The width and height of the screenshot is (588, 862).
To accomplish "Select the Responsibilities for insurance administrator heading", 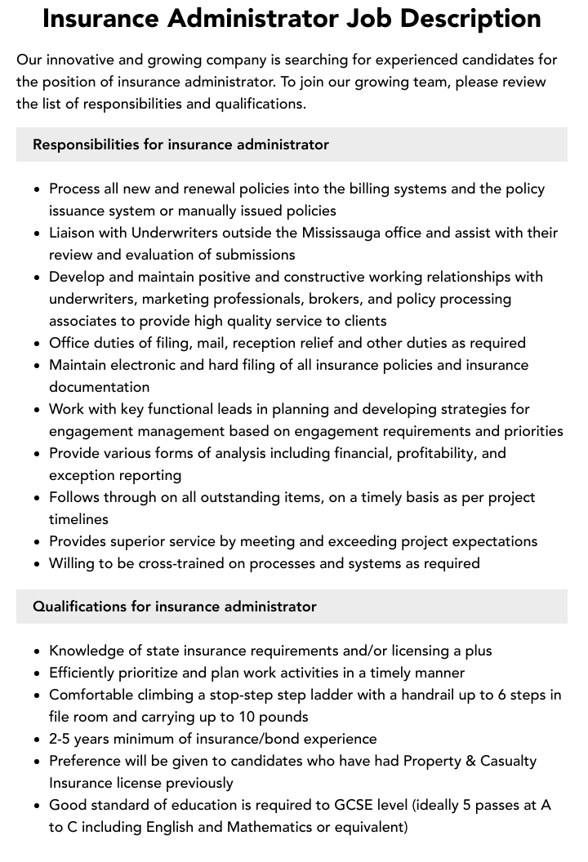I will point(180,144).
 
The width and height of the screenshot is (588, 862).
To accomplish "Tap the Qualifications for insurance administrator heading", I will point(174,607).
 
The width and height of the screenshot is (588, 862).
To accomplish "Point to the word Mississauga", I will point(353,233).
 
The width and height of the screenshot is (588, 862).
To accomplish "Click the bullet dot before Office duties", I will point(37,344).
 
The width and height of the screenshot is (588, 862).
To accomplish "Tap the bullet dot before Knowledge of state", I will point(37,651).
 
